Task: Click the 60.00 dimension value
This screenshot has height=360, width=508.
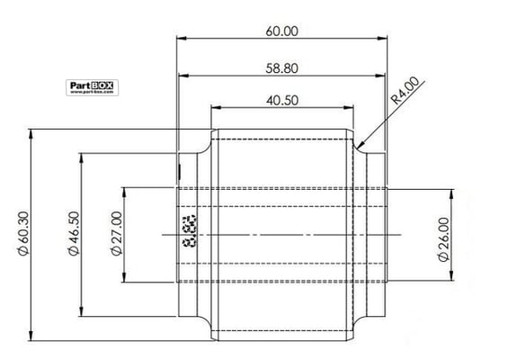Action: pyautogui.click(x=282, y=30)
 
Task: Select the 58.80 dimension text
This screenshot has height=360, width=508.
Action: pyautogui.click(x=282, y=67)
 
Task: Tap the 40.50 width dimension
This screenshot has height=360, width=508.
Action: pyautogui.click(x=282, y=100)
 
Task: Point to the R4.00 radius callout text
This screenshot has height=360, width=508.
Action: pyautogui.click(x=406, y=93)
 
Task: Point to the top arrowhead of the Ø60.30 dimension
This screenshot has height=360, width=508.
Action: pyautogui.click(x=33, y=130)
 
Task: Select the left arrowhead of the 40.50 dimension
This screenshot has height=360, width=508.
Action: pyautogui.click(x=212, y=109)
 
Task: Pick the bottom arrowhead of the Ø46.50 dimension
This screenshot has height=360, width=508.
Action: pyautogui.click(x=85, y=314)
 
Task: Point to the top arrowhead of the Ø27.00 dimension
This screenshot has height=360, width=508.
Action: pyautogui.click(x=128, y=189)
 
